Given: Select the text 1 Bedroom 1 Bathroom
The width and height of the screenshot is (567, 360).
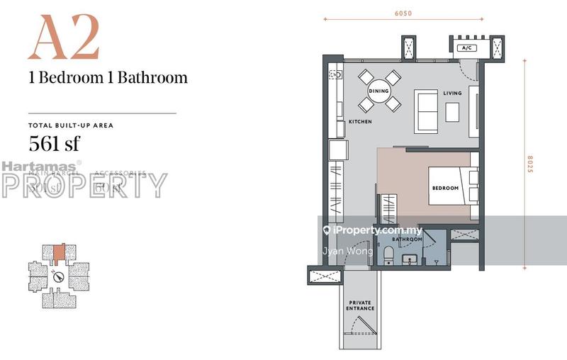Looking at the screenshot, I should tap(108, 78).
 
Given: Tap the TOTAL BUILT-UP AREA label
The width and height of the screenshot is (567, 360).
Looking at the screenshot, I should tap(71, 125).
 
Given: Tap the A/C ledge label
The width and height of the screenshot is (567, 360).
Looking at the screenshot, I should tap(466, 48).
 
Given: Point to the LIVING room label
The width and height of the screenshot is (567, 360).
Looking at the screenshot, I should tap(452, 94).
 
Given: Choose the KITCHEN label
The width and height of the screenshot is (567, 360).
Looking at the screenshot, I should tap(360, 122).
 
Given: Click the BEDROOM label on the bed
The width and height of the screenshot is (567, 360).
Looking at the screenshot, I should tap(446, 188).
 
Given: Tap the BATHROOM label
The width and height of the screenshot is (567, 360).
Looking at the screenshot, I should tap(408, 240).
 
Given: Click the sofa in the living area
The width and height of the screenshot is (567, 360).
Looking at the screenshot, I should tap(425, 111).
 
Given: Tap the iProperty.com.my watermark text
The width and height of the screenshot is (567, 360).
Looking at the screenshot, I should tap(376, 230).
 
